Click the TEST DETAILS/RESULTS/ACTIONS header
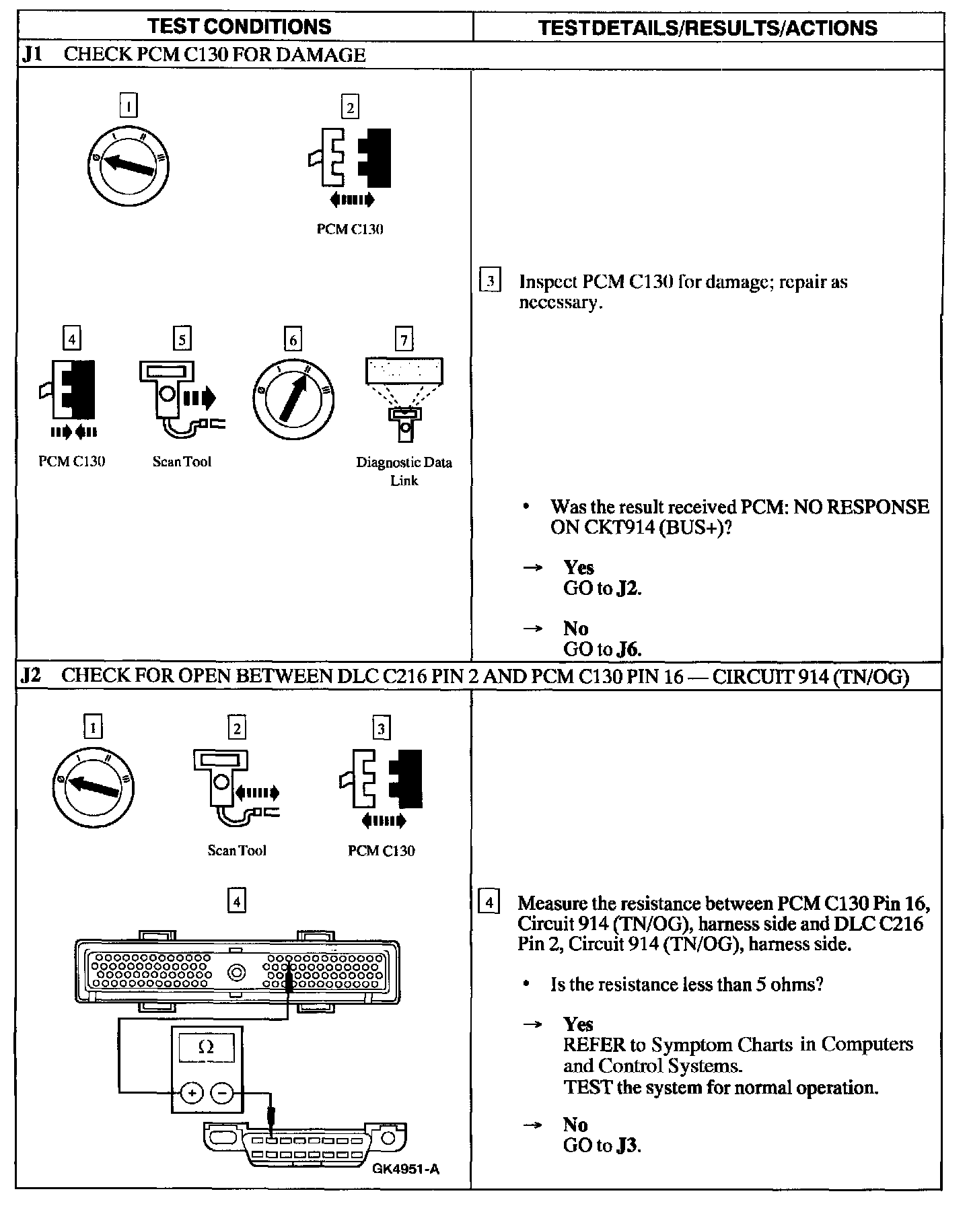[x=708, y=28]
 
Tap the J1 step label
[x=32, y=55]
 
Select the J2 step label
[x=31, y=675]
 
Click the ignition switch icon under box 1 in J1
[x=129, y=166]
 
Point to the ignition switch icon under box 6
[x=293, y=397]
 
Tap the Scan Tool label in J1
[x=182, y=462]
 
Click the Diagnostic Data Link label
[x=404, y=471]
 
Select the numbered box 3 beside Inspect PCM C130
[x=490, y=281]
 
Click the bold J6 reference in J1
[x=629, y=649]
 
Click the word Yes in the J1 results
[x=579, y=567]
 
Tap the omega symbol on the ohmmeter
[x=207, y=1047]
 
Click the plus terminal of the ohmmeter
[x=192, y=1094]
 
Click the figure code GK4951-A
[x=406, y=1169]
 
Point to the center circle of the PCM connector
[x=236, y=972]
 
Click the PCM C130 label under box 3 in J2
[x=382, y=851]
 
